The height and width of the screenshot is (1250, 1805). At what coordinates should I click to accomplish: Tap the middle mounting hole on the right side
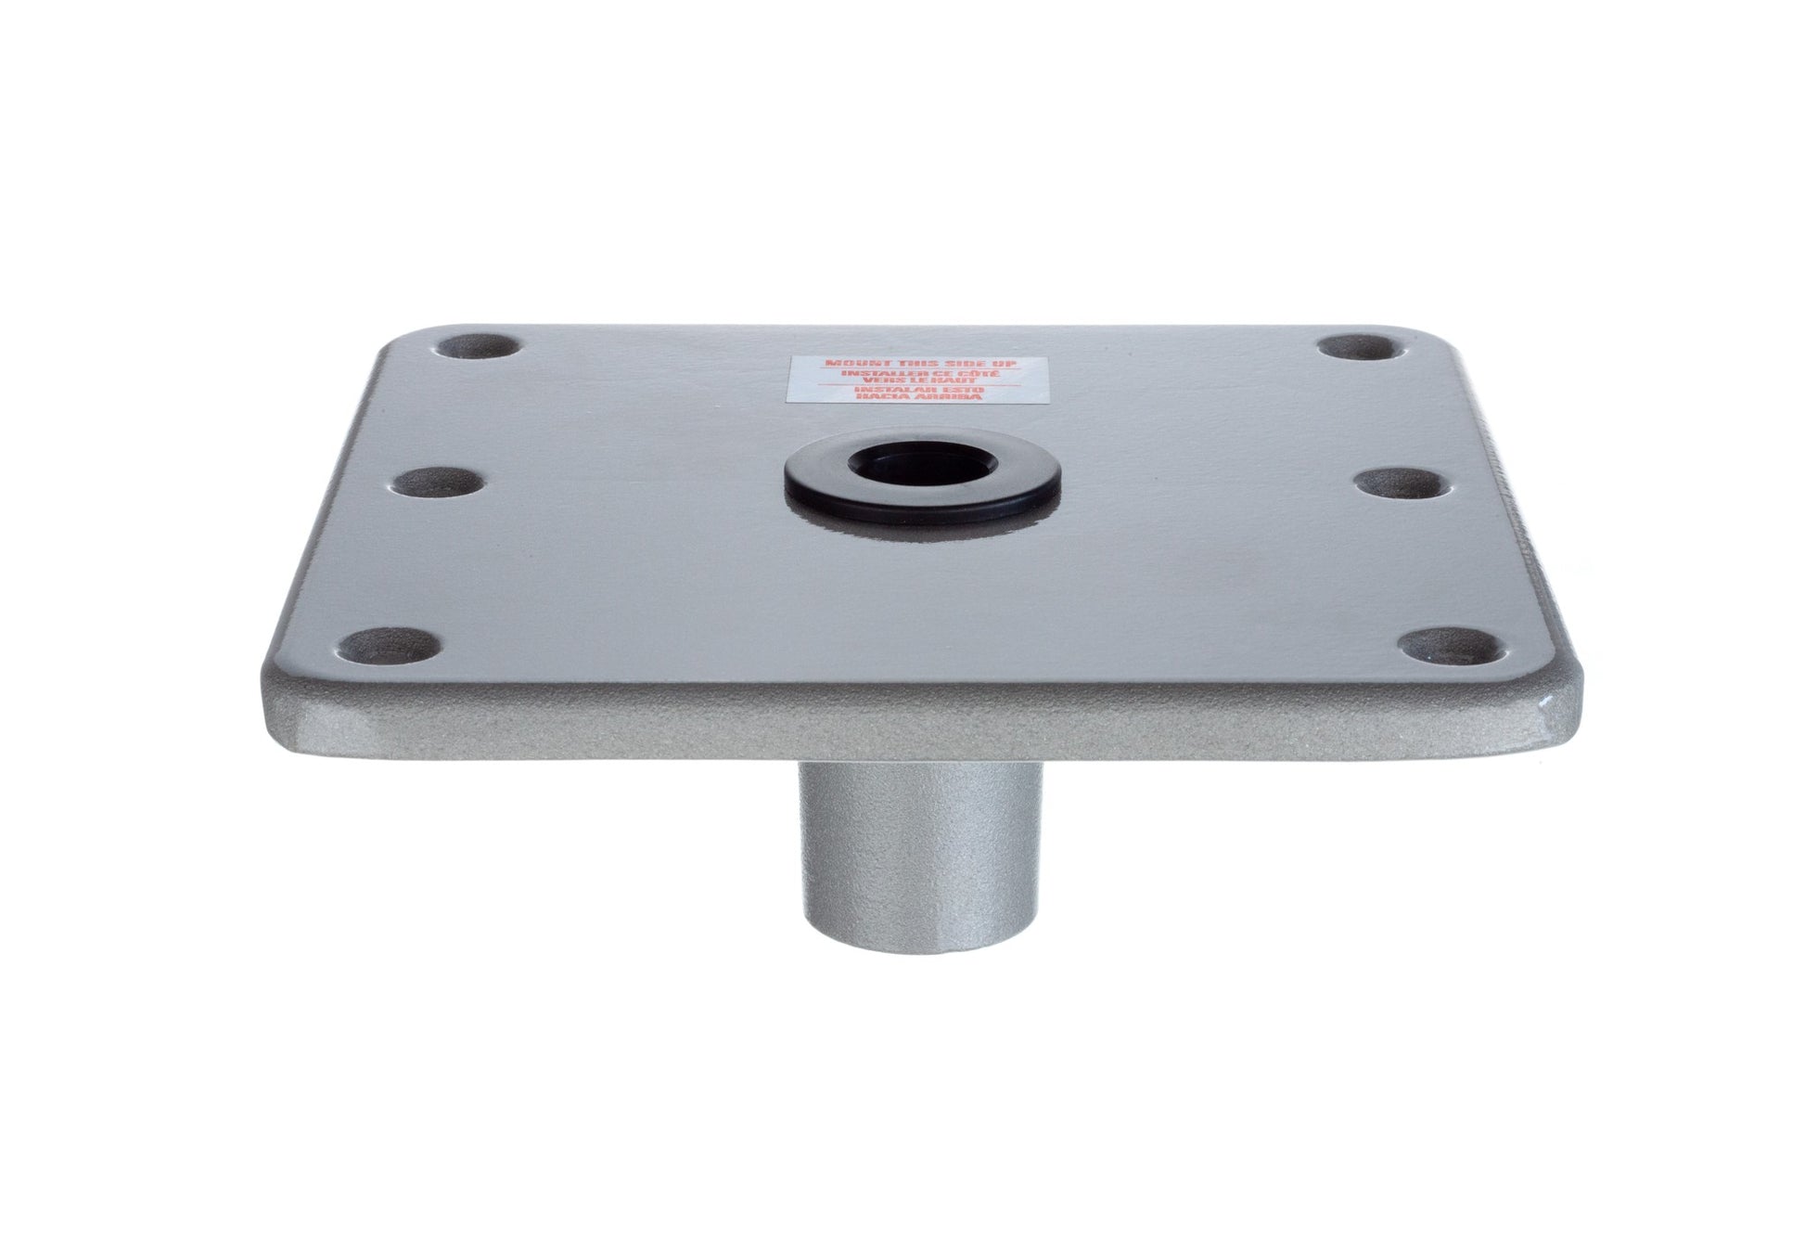coord(1388,483)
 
